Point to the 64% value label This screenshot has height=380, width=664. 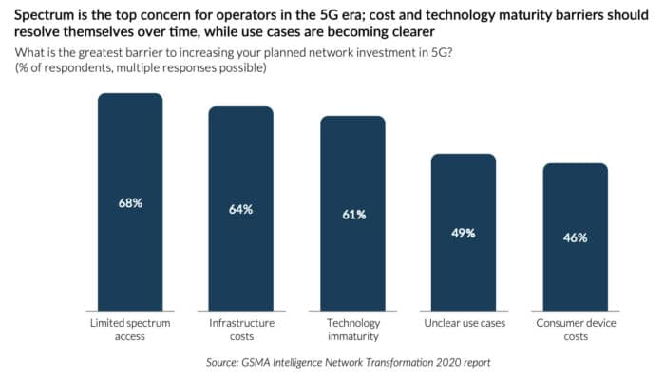click(241, 209)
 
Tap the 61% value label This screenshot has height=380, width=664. click(352, 215)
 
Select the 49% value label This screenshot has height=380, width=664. click(464, 233)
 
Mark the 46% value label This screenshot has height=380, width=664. click(575, 237)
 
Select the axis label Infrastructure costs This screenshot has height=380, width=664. click(241, 331)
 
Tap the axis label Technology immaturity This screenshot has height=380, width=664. click(352, 331)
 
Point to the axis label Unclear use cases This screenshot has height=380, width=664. click(464, 324)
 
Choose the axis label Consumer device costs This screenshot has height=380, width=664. click(575, 331)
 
